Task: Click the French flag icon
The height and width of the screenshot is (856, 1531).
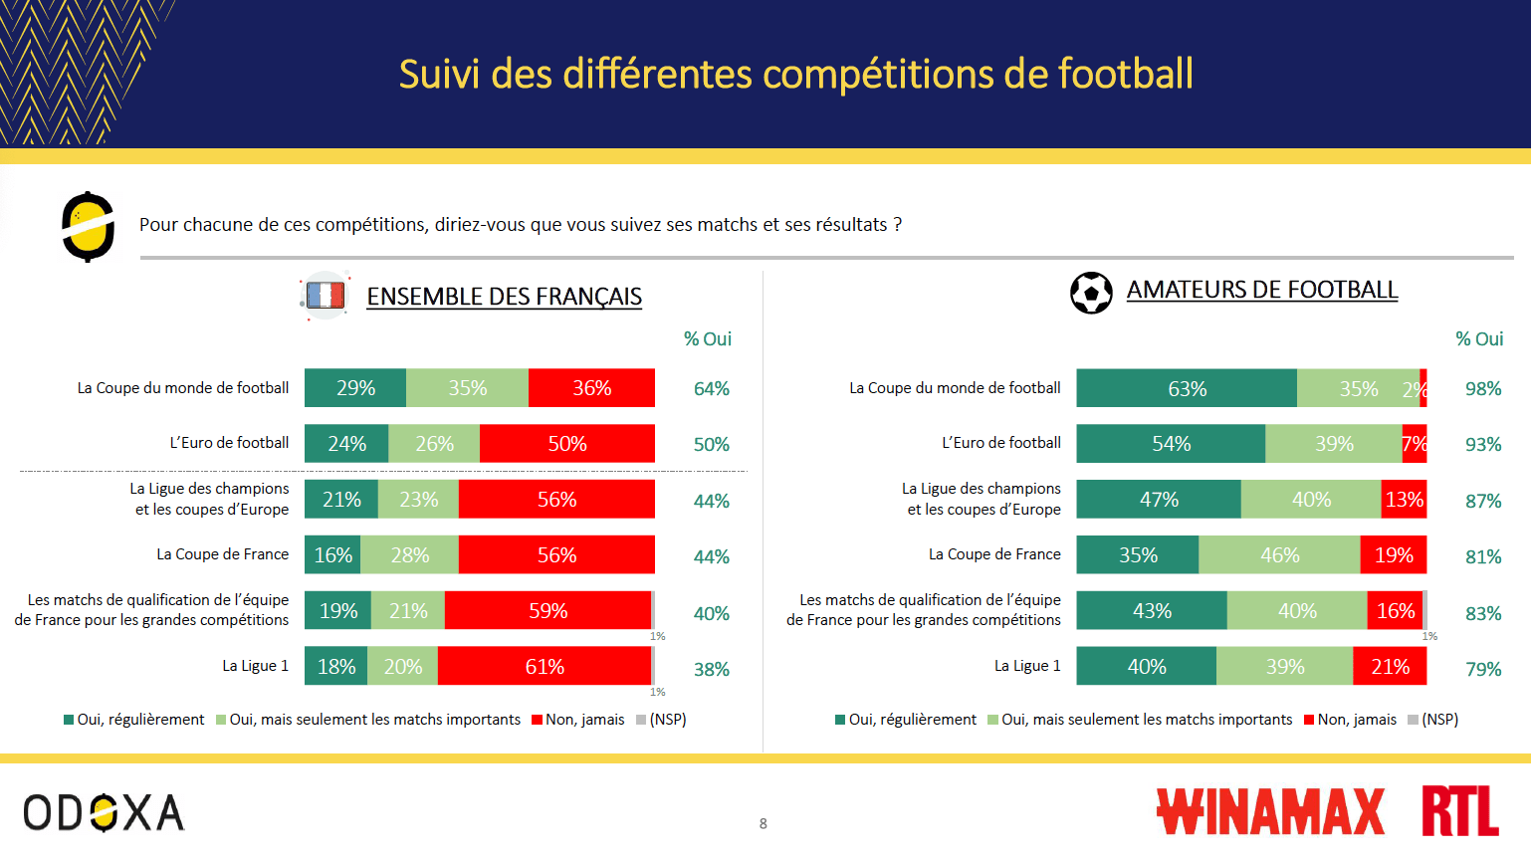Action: click(x=326, y=296)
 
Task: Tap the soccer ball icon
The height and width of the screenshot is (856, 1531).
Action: click(x=1091, y=293)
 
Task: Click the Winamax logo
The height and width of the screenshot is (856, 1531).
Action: click(x=1270, y=811)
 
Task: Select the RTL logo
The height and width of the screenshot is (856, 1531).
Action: click(x=1459, y=811)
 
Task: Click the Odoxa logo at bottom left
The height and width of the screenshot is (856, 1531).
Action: click(x=104, y=813)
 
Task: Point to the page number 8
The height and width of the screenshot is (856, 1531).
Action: click(x=764, y=823)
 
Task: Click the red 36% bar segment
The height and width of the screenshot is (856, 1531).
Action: click(x=591, y=388)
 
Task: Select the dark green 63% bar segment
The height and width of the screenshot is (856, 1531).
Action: click(x=1187, y=388)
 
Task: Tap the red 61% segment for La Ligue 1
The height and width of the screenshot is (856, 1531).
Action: click(x=545, y=666)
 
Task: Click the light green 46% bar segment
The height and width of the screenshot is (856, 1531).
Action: click(x=1279, y=554)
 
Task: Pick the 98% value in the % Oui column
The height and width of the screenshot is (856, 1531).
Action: click(x=1482, y=389)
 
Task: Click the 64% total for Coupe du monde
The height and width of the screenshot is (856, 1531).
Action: click(x=711, y=389)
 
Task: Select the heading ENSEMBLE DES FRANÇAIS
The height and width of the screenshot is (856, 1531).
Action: click(x=504, y=297)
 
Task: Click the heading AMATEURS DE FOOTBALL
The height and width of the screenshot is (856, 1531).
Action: click(x=1261, y=290)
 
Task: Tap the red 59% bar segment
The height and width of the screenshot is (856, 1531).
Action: click(x=547, y=610)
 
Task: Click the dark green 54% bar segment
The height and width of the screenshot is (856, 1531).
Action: click(x=1171, y=444)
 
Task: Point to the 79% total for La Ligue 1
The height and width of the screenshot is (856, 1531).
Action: click(x=1482, y=669)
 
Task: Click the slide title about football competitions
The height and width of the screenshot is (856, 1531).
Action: click(x=795, y=74)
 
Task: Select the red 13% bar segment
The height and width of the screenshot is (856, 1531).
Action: click(x=1404, y=500)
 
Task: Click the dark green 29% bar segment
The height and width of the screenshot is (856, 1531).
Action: click(x=355, y=388)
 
